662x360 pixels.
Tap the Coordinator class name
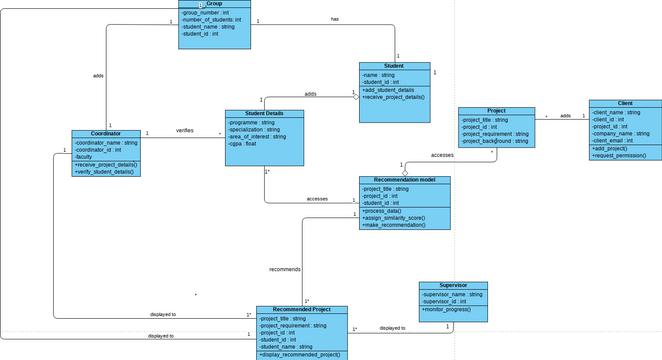[x=106, y=133]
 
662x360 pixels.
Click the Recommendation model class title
[x=405, y=180]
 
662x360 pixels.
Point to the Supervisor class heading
[x=453, y=285]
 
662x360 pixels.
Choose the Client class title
[x=625, y=103]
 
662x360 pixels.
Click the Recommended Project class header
[x=301, y=310]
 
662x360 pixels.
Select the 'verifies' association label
[x=185, y=130]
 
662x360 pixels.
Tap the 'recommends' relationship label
[x=285, y=269]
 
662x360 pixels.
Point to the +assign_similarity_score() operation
[x=394, y=217]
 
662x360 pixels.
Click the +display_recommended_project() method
[x=300, y=355]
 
